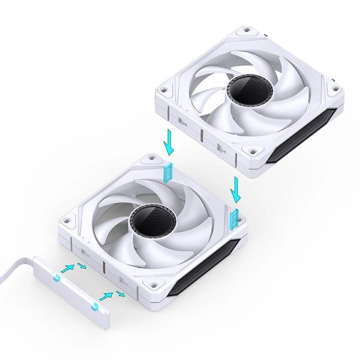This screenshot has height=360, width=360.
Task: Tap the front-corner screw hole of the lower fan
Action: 154,285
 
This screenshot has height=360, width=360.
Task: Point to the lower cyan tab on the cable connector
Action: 94,307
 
